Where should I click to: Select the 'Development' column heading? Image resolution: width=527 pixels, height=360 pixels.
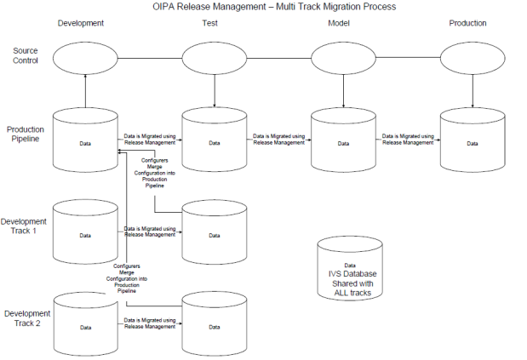(81, 23)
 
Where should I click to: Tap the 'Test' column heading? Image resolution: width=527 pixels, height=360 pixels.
(210, 23)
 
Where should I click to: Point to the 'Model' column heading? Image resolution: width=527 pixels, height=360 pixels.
(339, 23)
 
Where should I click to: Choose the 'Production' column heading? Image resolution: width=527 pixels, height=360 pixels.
(467, 23)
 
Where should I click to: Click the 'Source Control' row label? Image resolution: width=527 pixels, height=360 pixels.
(26, 56)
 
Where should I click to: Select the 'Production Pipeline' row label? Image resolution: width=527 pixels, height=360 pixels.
(26, 134)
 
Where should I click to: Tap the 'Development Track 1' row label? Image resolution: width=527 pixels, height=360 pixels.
(25, 226)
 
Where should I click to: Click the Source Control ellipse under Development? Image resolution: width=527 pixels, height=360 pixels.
(85, 59)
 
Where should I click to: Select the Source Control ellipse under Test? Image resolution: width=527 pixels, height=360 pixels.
(214, 59)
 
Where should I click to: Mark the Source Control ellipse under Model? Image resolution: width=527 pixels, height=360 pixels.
(343, 59)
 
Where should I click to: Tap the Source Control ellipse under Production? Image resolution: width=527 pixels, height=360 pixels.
(473, 59)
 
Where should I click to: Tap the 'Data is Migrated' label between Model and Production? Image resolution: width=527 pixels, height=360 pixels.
(408, 140)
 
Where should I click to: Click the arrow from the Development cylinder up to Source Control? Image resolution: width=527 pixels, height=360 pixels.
(85, 89)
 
